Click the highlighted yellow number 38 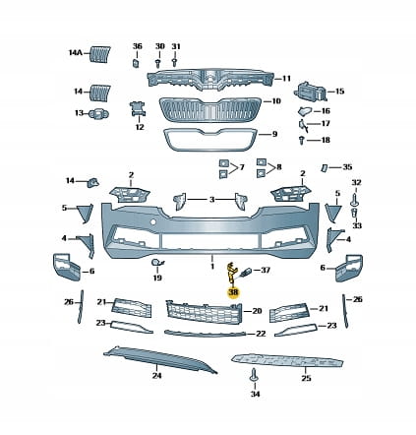tap(234, 292)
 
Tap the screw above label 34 tap(254, 375)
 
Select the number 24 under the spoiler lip tap(157, 375)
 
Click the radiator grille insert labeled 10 tap(210, 110)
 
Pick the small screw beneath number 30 tap(158, 62)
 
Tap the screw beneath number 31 tap(175, 62)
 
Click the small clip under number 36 tap(136, 62)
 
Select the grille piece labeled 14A tap(100, 54)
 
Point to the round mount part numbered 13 tap(98, 113)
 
